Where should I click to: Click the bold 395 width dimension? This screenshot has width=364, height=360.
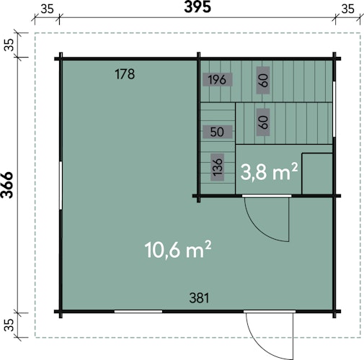coord(197,7)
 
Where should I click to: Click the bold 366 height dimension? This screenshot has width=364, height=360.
coord(7,185)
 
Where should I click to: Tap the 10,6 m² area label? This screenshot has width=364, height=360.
coord(178,250)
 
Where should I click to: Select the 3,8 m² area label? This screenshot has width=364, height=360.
coord(269,171)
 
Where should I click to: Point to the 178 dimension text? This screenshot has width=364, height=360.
coord(125,74)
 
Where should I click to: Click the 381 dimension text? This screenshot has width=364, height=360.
coord(199,298)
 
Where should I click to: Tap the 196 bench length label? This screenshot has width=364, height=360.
coord(217,79)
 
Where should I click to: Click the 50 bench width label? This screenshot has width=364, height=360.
coord(217,132)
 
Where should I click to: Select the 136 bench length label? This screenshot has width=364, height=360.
coord(218,167)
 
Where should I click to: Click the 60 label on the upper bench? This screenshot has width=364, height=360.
coord(263,80)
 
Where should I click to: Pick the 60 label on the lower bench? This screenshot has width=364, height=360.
coord(263,122)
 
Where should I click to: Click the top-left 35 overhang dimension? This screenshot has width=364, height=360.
coord(47,9)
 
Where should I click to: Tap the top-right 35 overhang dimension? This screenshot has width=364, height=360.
coord(347,9)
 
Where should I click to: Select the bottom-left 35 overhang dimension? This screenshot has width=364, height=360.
coord(9,325)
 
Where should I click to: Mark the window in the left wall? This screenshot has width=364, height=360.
coord(61,185)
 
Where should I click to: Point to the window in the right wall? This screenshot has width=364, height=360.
coord(334,109)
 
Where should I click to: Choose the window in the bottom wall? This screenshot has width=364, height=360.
coord(138,312)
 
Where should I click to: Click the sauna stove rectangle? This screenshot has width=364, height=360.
coord(317,174)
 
